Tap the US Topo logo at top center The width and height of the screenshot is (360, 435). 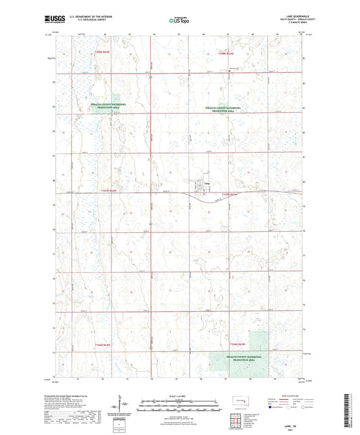pyautogui.click(x=180, y=21)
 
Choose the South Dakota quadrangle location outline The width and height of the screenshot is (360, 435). pyautogui.click(x=232, y=405)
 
